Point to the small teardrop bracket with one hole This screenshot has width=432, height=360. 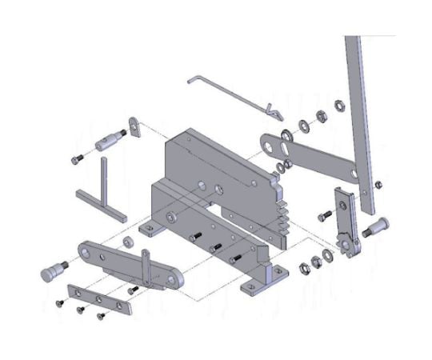[x=135, y=127]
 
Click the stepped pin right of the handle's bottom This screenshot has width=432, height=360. [x=374, y=228]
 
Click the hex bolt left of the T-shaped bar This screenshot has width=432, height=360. [x=76, y=158]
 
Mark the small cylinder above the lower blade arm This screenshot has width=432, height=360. [x=125, y=242]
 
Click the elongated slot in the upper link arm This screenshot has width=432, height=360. [x=277, y=148]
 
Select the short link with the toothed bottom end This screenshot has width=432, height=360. [x=343, y=220]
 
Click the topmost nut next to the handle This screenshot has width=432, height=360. [x=339, y=104]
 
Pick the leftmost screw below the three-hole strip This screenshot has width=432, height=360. [x=58, y=303]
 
